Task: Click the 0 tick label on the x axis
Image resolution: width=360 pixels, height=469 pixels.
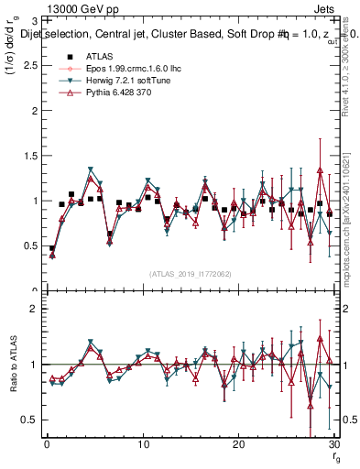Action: [46, 444]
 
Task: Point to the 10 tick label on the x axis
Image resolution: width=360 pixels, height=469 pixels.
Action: [143, 444]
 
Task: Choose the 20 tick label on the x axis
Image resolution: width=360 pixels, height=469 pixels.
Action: [239, 444]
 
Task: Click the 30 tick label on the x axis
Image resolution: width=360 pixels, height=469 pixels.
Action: [334, 444]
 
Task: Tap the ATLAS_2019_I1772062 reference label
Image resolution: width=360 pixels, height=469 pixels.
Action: [189, 273]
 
